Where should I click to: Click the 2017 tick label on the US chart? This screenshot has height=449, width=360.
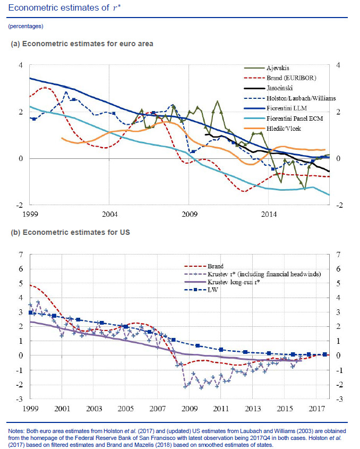pyautogui.click(x=317, y=409)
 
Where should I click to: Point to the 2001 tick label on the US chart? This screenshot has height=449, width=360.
pyautogui.click(x=62, y=409)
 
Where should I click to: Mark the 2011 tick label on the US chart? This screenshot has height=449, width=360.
pyautogui.click(x=221, y=409)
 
